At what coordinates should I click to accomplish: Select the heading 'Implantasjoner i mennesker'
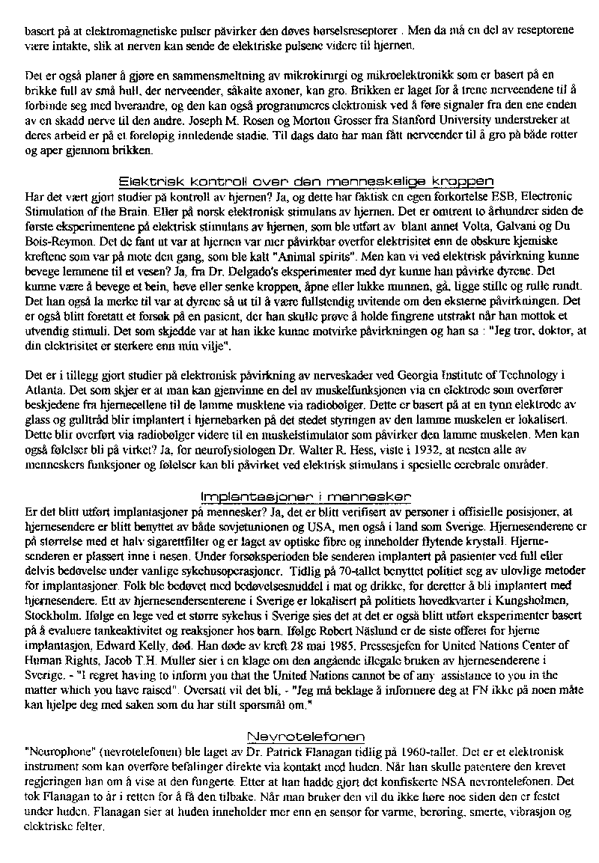pyautogui.click(x=305, y=497)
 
